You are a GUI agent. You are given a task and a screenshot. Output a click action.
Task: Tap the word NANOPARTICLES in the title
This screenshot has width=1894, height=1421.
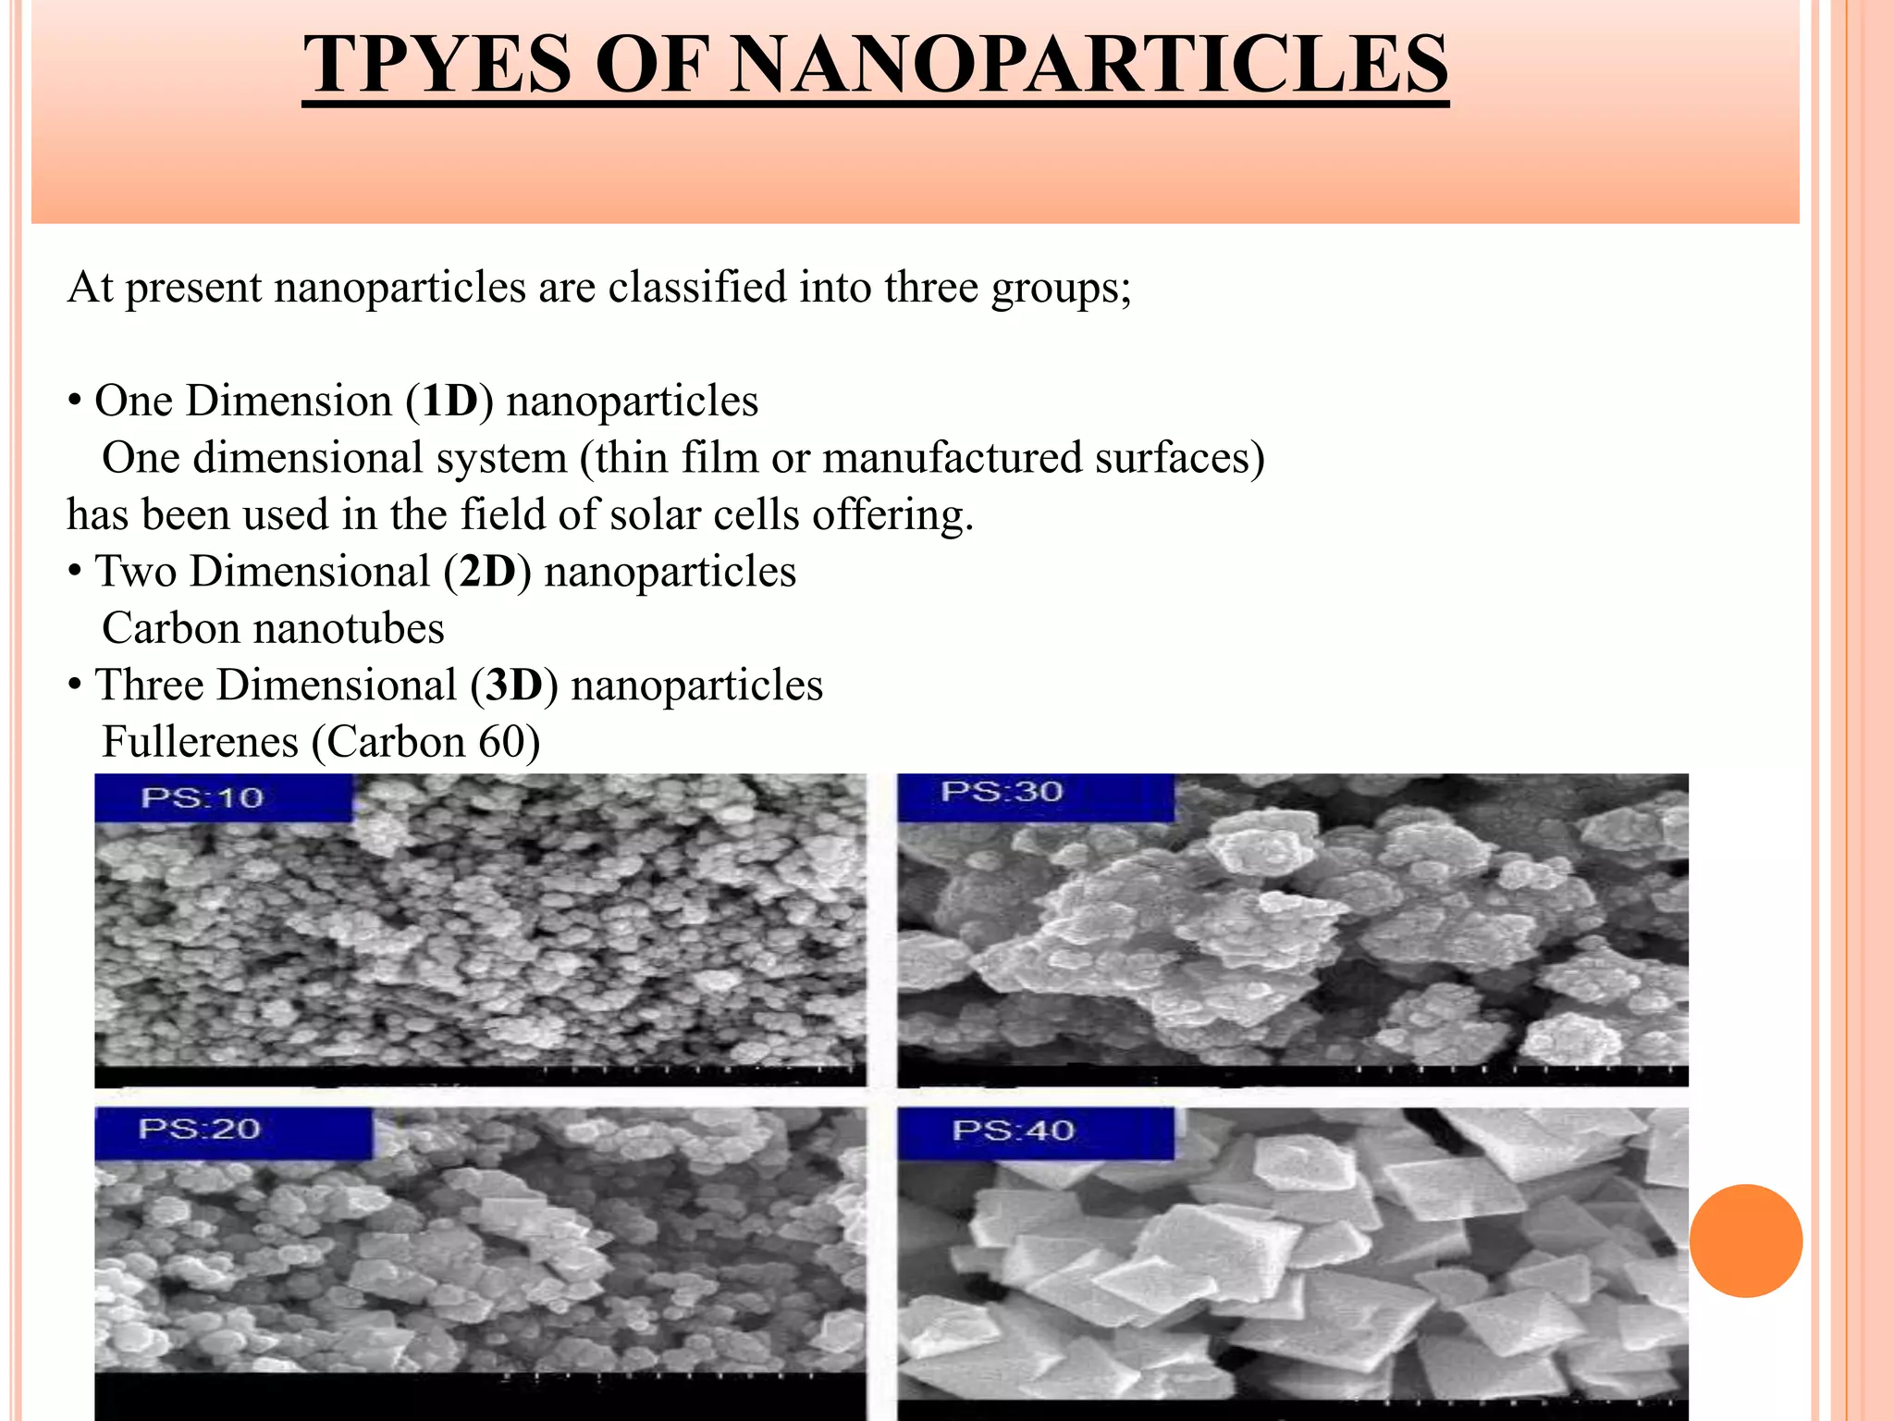[1088, 65]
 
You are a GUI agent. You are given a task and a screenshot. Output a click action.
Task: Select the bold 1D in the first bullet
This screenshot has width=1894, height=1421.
[449, 402]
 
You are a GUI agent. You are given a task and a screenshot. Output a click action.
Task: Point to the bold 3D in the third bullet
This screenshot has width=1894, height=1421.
[514, 686]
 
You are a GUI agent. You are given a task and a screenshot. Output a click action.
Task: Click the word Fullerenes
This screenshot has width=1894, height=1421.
[200, 742]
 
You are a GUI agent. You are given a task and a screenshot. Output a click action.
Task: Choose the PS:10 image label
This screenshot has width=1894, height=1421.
[203, 797]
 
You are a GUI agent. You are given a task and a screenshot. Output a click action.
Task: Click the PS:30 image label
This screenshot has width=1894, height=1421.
[1002, 792]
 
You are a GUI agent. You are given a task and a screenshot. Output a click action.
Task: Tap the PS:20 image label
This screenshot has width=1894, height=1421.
[200, 1129]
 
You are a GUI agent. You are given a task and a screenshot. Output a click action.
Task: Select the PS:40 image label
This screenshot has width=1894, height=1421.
[1014, 1131]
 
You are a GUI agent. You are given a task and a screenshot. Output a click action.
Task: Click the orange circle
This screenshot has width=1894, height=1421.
[1745, 1241]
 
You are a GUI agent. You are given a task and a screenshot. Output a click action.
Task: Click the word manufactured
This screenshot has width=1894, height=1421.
[952, 458]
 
